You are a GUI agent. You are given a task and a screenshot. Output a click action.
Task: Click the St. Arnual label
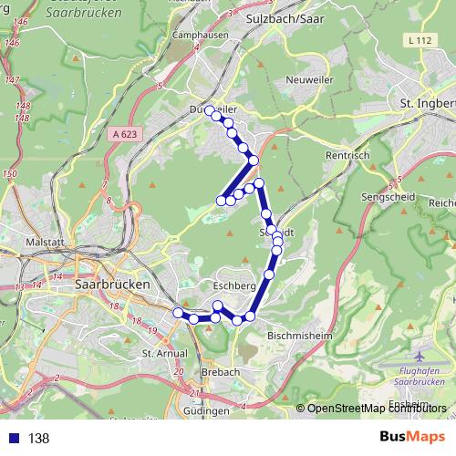pyautogui.click(x=162, y=352)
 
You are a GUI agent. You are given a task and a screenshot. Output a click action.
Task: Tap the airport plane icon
pyautogui.click(x=419, y=356)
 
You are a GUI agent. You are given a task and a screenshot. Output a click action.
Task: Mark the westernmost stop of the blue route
pyautogui.click(x=179, y=313)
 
